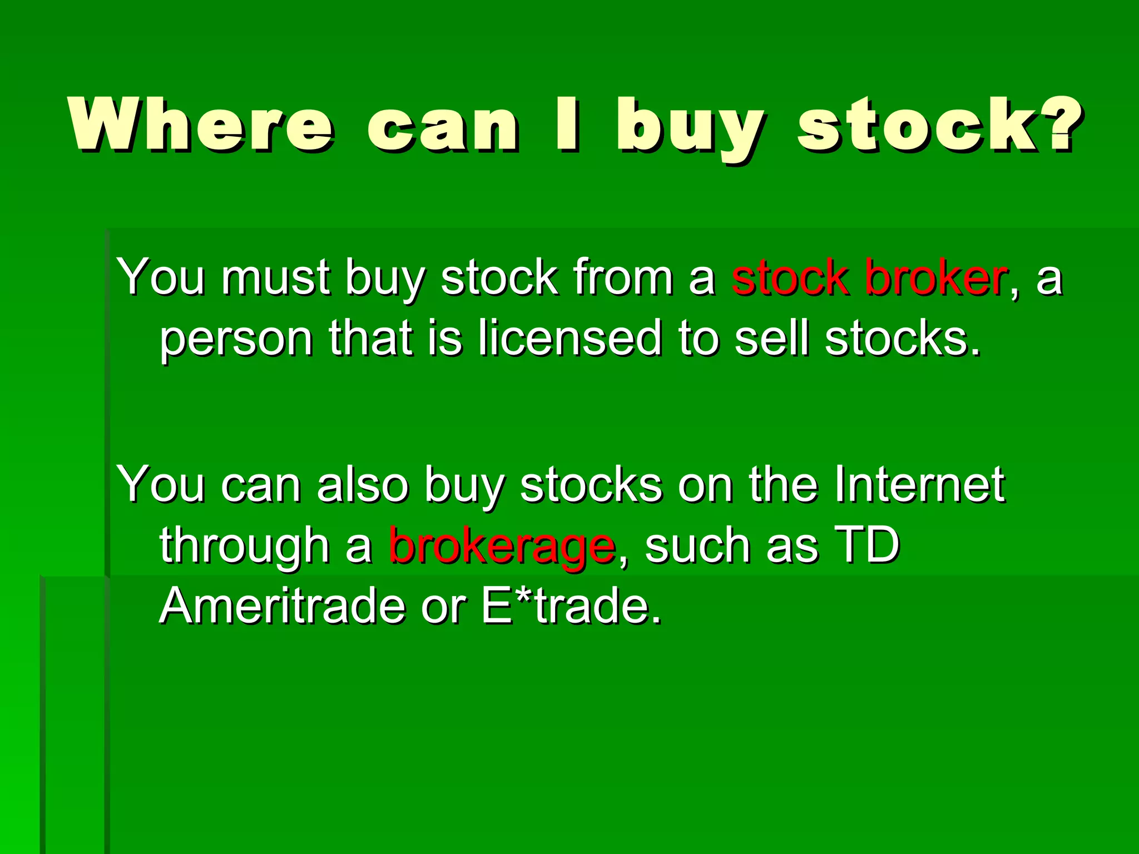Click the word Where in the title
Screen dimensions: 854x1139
pos(201,125)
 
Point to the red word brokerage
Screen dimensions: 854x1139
pos(502,546)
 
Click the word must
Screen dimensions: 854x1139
pos(276,278)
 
